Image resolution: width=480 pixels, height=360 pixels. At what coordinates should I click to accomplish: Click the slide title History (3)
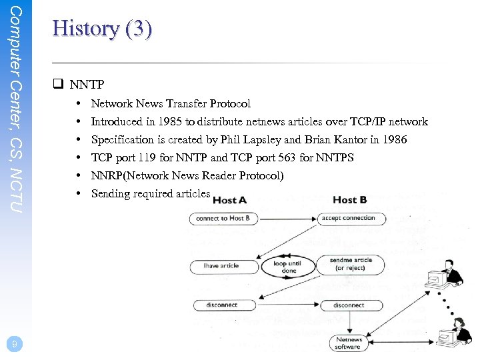pos(102,29)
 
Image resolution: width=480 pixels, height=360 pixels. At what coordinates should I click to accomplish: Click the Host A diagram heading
pos(229,200)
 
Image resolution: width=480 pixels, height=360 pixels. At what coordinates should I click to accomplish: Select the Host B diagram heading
pos(349,200)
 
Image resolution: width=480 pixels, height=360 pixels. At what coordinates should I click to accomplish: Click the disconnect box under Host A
pos(221,305)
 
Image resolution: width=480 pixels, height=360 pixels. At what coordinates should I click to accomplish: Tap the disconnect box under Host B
pos(349,305)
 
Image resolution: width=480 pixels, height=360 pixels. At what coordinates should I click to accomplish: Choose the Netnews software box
pos(348,343)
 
